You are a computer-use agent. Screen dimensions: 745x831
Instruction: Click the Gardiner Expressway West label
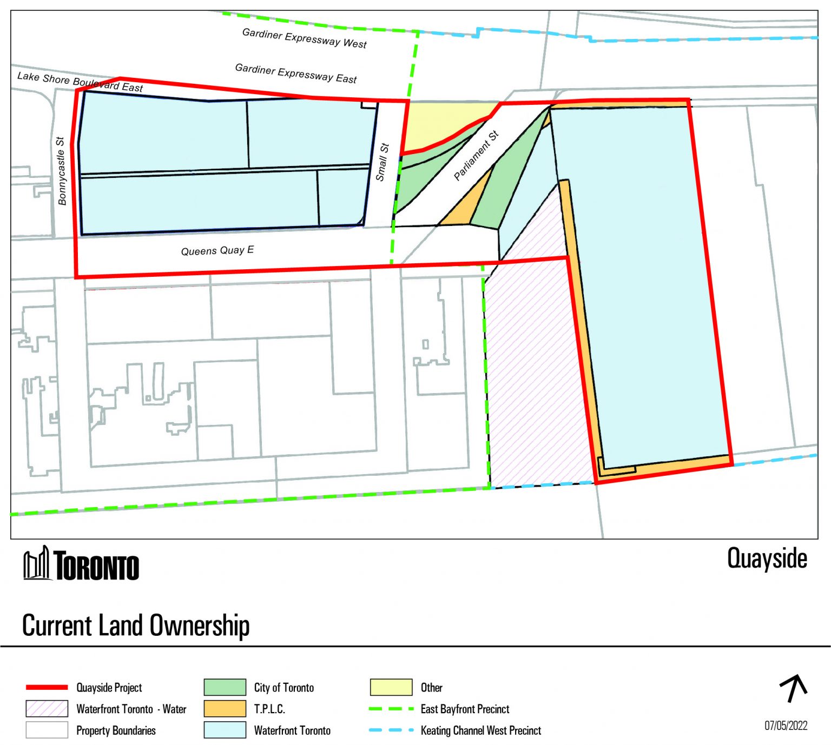pos(304,38)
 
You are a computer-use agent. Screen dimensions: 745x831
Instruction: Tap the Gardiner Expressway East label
pos(295,74)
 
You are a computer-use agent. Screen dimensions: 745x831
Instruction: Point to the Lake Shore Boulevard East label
pos(80,82)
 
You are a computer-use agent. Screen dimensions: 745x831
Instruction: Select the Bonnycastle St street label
pos(61,171)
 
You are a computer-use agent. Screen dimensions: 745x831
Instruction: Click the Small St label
pos(382,162)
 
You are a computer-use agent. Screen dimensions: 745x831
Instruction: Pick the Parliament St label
pos(476,156)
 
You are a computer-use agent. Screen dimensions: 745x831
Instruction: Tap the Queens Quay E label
pos(217,250)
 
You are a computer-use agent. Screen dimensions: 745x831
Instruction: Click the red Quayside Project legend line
pos(47,687)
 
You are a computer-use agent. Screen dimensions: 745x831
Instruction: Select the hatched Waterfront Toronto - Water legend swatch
pos(47,709)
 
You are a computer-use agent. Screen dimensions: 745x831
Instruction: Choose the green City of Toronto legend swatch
pos(225,687)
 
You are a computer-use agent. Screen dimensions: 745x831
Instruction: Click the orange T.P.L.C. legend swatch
pos(225,709)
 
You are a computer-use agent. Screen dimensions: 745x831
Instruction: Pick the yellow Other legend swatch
pos(391,687)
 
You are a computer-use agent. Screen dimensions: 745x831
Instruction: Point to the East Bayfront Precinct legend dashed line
pos(391,709)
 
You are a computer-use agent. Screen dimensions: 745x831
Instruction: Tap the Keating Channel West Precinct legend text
pos(480,730)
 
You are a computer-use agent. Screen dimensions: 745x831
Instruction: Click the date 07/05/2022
pos(786,726)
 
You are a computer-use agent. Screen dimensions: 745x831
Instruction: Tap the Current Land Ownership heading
pos(136,626)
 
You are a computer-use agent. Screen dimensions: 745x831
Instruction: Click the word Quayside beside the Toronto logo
pos(767,558)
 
